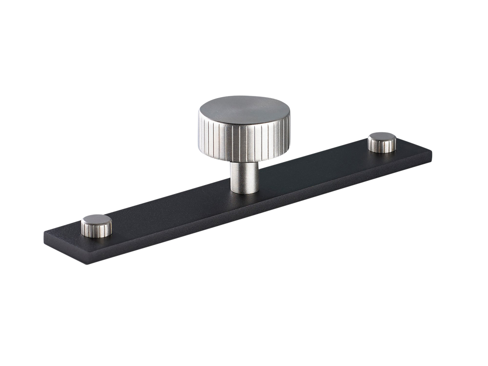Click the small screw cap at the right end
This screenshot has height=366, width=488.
(x=382, y=142)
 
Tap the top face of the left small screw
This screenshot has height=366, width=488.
(x=96, y=219)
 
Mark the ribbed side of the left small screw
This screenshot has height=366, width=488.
(x=95, y=229)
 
